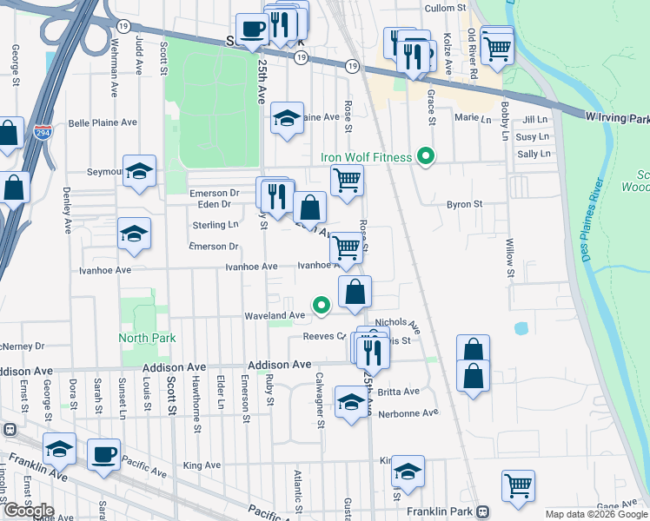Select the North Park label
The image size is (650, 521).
(x=148, y=338)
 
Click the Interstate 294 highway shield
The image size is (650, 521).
(x=42, y=132)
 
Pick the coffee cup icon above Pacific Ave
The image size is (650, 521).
(x=104, y=455)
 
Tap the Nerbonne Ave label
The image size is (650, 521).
(x=410, y=413)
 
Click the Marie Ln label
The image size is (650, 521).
(x=468, y=116)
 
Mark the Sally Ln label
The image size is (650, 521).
(x=534, y=154)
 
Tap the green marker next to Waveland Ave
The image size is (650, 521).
(x=322, y=305)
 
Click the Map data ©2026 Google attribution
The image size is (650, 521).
(x=595, y=514)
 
